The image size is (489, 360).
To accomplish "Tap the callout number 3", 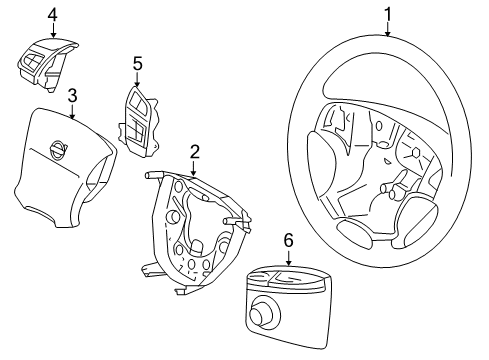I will [72, 95].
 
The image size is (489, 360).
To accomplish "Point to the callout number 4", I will [53, 14].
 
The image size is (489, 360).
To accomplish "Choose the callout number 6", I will [288, 240].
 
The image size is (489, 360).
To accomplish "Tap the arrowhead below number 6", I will [288, 262].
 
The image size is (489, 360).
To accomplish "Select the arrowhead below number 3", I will [72, 117].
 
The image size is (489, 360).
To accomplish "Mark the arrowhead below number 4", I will [53, 36].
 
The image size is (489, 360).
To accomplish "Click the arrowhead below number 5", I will [138, 85].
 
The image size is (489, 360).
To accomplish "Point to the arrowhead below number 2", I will [195, 174].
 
